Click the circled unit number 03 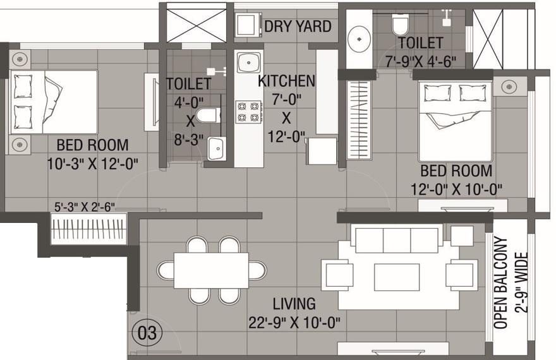[147, 332]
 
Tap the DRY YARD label [297, 26]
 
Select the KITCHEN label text [286, 81]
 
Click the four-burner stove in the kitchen [248, 111]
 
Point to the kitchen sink [248, 63]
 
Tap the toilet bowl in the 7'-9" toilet [400, 25]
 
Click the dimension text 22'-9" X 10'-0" [295, 323]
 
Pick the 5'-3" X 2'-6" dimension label [84, 206]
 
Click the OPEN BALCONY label [500, 282]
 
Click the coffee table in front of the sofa [396, 276]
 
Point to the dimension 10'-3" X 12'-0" [92, 164]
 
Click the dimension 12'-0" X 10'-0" [456, 189]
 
